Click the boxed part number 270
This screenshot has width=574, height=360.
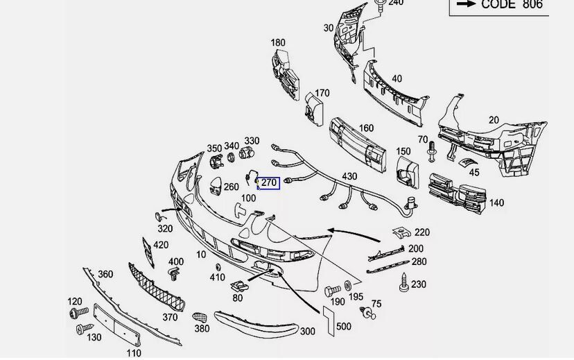coord(269,183)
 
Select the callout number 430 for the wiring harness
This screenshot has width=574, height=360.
coord(349,177)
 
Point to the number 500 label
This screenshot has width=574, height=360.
coord(343,327)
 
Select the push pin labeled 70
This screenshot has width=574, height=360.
coord(433,148)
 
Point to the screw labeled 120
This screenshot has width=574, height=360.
coord(75,314)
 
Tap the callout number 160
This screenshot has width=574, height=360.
coord(366,128)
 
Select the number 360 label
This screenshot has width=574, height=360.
coord(105,275)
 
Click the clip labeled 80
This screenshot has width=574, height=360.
coord(239,284)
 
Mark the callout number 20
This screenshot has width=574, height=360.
coord(494,120)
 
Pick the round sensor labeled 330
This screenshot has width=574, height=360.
coord(245,154)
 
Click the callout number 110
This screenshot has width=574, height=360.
coord(134,353)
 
